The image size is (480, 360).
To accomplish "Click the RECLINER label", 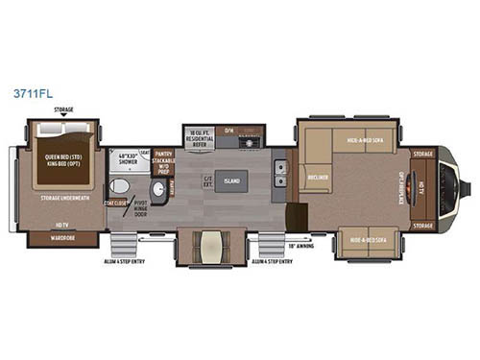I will (x=314, y=179).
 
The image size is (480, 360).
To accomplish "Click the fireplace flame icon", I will (x=449, y=188).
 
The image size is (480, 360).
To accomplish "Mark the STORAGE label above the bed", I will (x=65, y=110).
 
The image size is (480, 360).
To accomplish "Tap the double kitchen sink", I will (x=281, y=174).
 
